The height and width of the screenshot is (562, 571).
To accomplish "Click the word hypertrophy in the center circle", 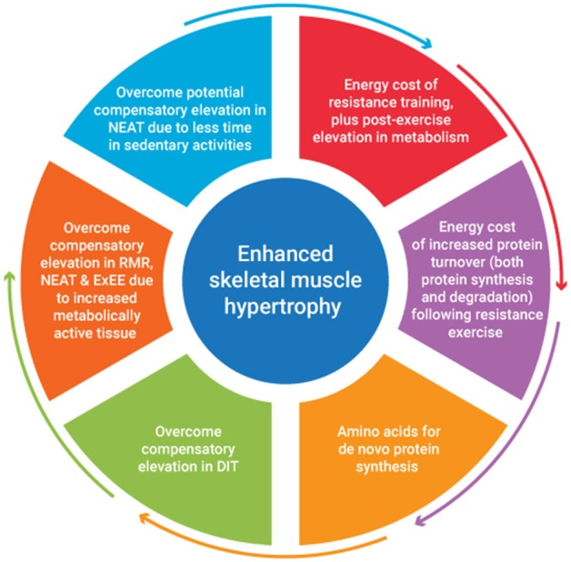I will click(x=285, y=306).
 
